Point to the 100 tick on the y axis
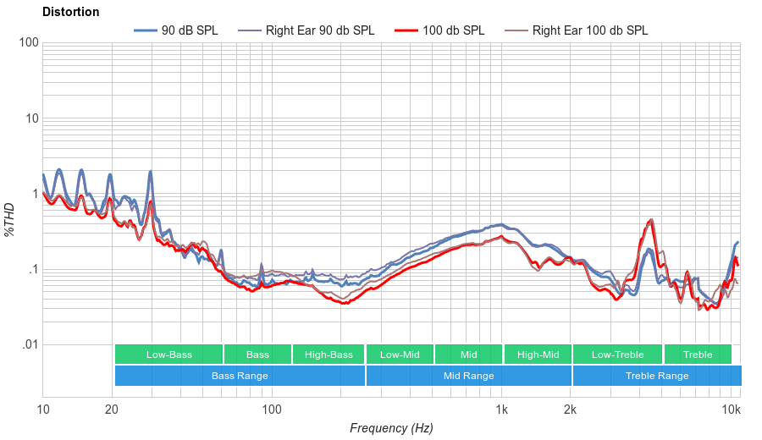click(28, 42)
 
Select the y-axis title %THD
click(10, 219)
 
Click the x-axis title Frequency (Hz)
click(391, 428)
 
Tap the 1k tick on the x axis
click(501, 410)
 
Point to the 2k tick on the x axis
click(571, 410)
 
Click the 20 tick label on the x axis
click(112, 410)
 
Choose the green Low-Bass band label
click(168, 355)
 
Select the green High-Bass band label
click(329, 355)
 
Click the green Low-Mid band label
click(400, 355)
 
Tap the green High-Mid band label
click(538, 355)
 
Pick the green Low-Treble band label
click(618, 355)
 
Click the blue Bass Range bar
click(240, 376)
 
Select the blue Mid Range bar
click(469, 376)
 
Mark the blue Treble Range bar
click(656, 376)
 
